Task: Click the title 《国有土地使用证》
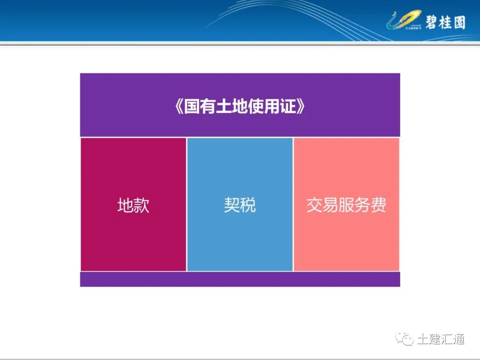tap(240, 107)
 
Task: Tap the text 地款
tap(133, 205)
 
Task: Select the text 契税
tap(240, 205)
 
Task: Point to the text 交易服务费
tap(346, 205)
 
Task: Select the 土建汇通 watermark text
tap(440, 340)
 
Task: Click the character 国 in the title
tap(192, 107)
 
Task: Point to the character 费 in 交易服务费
tap(378, 205)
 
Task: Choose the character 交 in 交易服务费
tap(314, 205)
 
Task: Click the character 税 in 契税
tap(248, 205)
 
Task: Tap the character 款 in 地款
tap(141, 205)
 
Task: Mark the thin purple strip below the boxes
tap(240, 279)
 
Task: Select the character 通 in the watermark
tap(458, 340)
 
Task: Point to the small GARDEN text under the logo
tap(413, 28)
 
